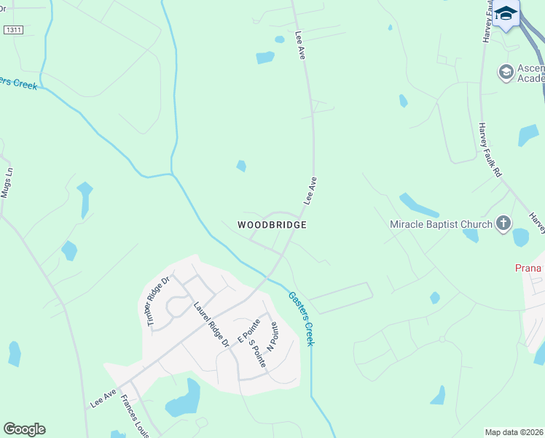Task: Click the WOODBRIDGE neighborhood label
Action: (272, 225)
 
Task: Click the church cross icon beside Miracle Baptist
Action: (503, 223)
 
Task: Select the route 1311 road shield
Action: (12, 30)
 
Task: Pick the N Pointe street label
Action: (272, 337)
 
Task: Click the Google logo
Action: (24, 429)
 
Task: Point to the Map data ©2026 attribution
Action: (514, 432)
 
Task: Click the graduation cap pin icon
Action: (506, 14)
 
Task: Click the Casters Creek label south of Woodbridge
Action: (301, 318)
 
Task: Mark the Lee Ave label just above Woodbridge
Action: (310, 191)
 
